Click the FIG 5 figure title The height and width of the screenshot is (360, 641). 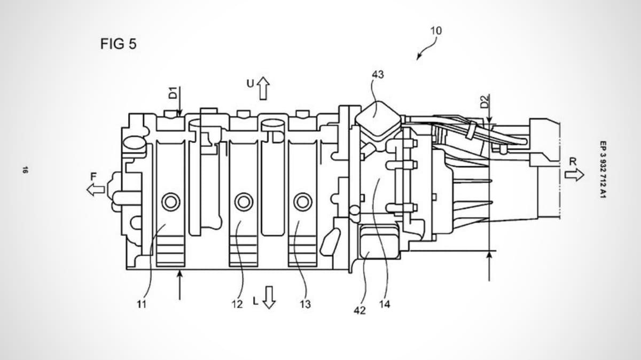(x=118, y=44)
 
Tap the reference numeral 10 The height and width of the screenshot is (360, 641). (x=436, y=30)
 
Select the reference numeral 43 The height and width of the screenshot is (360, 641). (x=378, y=74)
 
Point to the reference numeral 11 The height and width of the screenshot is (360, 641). (x=142, y=304)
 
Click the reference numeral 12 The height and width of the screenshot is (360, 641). (x=237, y=304)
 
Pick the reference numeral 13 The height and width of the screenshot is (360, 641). (x=306, y=304)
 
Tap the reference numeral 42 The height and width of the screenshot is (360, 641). (x=359, y=310)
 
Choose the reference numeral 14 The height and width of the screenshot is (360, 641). (x=385, y=304)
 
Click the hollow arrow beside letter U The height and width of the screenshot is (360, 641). (x=263, y=89)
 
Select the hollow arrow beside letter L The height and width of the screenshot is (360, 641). (x=269, y=298)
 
